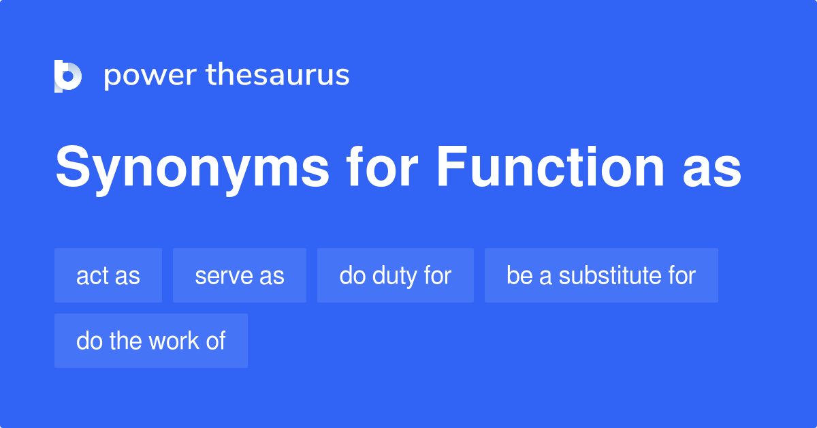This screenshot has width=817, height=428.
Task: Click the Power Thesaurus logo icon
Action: pos(68,76)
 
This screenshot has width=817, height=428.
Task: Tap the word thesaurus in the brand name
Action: pos(278,76)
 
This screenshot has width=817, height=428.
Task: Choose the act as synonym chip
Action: pos(108,275)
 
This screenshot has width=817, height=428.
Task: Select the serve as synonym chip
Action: pos(240,275)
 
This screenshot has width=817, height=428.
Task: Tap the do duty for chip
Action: pos(396,275)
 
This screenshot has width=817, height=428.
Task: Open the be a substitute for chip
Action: pos(601,275)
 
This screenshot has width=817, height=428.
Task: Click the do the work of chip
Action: pos(151,341)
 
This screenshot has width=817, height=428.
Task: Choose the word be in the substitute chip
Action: pos(518,275)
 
